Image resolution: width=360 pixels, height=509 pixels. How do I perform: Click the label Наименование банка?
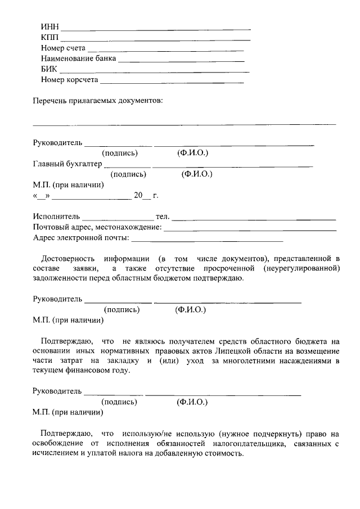point(79,58)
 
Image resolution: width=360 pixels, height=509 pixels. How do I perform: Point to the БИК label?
point(49,70)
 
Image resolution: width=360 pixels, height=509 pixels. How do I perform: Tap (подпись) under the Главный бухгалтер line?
point(129,174)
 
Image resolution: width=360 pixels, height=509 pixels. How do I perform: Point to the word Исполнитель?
point(57,217)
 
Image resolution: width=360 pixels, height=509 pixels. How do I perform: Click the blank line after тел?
point(254,218)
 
